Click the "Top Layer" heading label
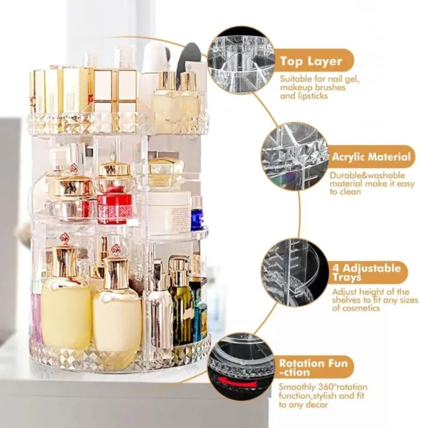[311, 62]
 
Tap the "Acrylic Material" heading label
[371, 157]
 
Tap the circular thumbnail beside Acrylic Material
[294, 156]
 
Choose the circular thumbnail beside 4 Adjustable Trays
[294, 272]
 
